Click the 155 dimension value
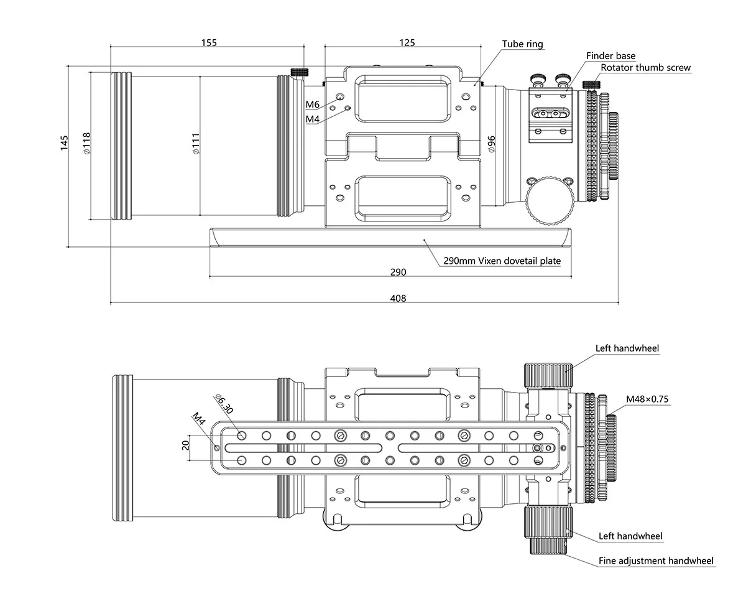(x=209, y=42)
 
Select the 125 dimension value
(x=407, y=42)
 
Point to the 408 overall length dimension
(x=398, y=299)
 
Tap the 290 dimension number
(x=398, y=272)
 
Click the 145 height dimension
(x=64, y=142)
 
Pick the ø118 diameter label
(x=86, y=144)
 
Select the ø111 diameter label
(x=195, y=144)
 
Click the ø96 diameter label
(x=491, y=144)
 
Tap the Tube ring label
(x=522, y=44)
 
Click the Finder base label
(x=610, y=56)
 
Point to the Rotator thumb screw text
(x=645, y=68)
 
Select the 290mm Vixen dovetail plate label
(x=502, y=261)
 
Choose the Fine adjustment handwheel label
(x=656, y=561)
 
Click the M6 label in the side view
(x=312, y=104)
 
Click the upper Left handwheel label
(x=627, y=348)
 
